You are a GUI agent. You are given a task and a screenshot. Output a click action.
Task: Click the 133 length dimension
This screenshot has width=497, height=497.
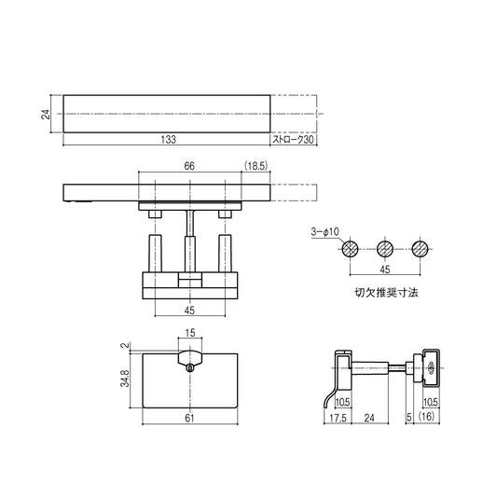pyautogui.click(x=167, y=140)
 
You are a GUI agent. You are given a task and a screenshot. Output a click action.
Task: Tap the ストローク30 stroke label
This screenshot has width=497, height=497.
pyautogui.click(x=293, y=140)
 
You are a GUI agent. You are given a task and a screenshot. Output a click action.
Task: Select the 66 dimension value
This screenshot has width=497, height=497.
pyautogui.click(x=189, y=165)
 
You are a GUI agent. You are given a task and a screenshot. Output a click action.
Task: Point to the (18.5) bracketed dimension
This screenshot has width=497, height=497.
pyautogui.click(x=256, y=165)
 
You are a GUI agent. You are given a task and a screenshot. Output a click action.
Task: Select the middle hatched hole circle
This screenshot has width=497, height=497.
pyautogui.click(x=384, y=249)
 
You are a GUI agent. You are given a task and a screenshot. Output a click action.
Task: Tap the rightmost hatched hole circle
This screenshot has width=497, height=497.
pyautogui.click(x=420, y=249)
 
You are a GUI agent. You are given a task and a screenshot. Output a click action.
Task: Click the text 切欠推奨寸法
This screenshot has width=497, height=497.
pyautogui.click(x=384, y=292)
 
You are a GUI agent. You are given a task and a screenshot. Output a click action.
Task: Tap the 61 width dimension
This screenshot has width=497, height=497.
pyautogui.click(x=190, y=420)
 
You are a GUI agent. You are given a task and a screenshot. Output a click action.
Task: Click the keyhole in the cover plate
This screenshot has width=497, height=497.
pyautogui.click(x=190, y=368)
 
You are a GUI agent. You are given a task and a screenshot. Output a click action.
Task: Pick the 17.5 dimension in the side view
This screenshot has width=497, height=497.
pyautogui.click(x=337, y=420)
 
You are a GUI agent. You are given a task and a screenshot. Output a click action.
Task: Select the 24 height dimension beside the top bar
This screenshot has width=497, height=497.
pyautogui.click(x=45, y=114)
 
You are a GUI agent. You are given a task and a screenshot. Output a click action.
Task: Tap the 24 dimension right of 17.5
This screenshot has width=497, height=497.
pyautogui.click(x=370, y=420)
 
